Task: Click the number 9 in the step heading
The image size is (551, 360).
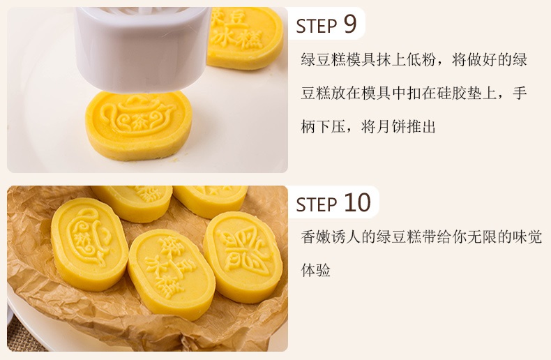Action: click(x=349, y=24)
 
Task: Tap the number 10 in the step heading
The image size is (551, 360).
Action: click(x=357, y=202)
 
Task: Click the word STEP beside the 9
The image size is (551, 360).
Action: click(x=317, y=26)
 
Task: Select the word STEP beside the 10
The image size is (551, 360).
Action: click(x=317, y=204)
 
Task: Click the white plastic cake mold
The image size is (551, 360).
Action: click(x=142, y=47)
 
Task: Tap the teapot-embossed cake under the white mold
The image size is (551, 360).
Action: click(x=139, y=125)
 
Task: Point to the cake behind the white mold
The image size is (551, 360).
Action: click(x=246, y=38)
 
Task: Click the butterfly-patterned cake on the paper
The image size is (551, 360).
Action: click(x=243, y=257)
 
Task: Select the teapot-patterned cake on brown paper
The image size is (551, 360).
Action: click(x=89, y=244)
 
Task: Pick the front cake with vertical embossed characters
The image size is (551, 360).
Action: click(x=171, y=273)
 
